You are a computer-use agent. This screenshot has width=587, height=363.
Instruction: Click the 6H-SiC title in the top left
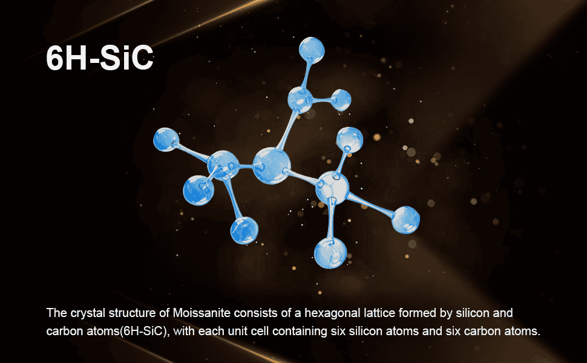coord(100,58)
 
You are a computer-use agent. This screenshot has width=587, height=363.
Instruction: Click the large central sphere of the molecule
coord(272,165)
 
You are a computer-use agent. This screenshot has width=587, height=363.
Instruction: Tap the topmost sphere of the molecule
coord(312,50)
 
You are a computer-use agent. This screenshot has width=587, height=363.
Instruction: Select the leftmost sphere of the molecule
coord(166,140)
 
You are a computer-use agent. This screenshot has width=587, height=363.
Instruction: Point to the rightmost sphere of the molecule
coord(405,220)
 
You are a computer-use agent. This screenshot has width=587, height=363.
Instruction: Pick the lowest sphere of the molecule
coord(330,253)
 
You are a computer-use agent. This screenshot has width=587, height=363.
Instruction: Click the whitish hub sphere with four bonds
coord(332,188)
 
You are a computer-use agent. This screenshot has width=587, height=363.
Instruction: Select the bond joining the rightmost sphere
coord(370,204)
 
